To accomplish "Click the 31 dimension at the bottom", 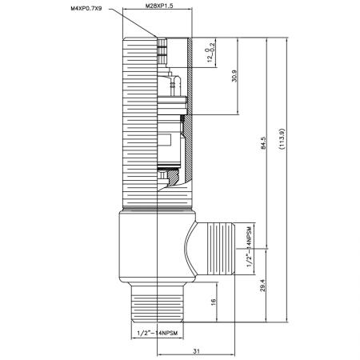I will point(197,350).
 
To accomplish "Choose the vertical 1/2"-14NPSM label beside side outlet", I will point(249,249).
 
